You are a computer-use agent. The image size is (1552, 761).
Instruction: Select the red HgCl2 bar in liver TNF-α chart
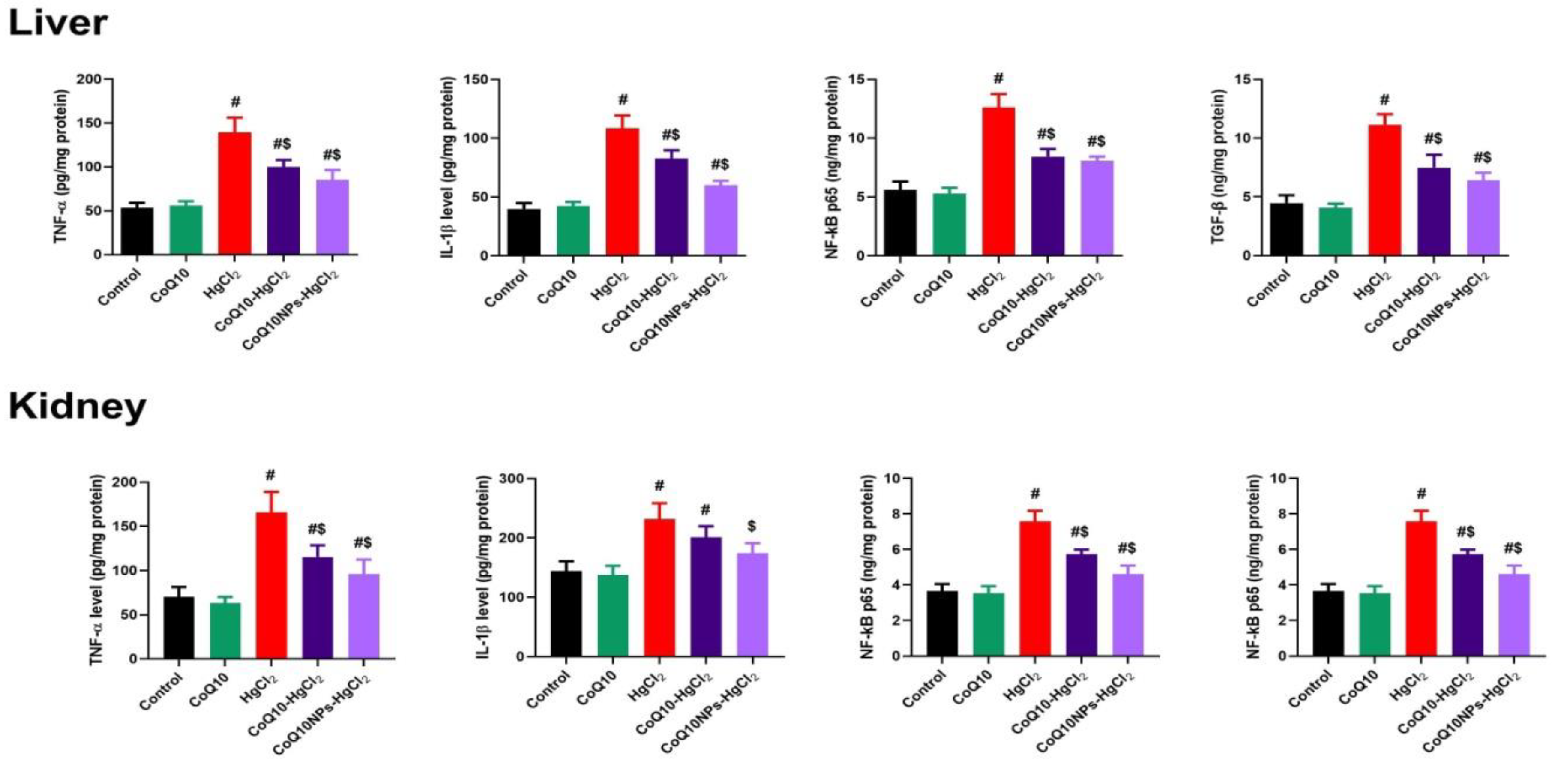point(234,193)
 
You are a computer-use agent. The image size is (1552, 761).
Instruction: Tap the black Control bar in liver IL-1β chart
point(524,232)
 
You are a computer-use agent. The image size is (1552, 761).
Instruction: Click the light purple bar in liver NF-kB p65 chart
point(1097,208)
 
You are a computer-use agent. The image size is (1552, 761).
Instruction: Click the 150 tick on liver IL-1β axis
point(476,80)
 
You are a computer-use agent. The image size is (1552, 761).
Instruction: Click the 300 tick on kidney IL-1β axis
point(511,479)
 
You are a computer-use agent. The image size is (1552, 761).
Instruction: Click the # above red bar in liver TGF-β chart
point(1384,99)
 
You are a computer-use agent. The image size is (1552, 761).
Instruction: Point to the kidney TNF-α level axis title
point(97,569)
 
